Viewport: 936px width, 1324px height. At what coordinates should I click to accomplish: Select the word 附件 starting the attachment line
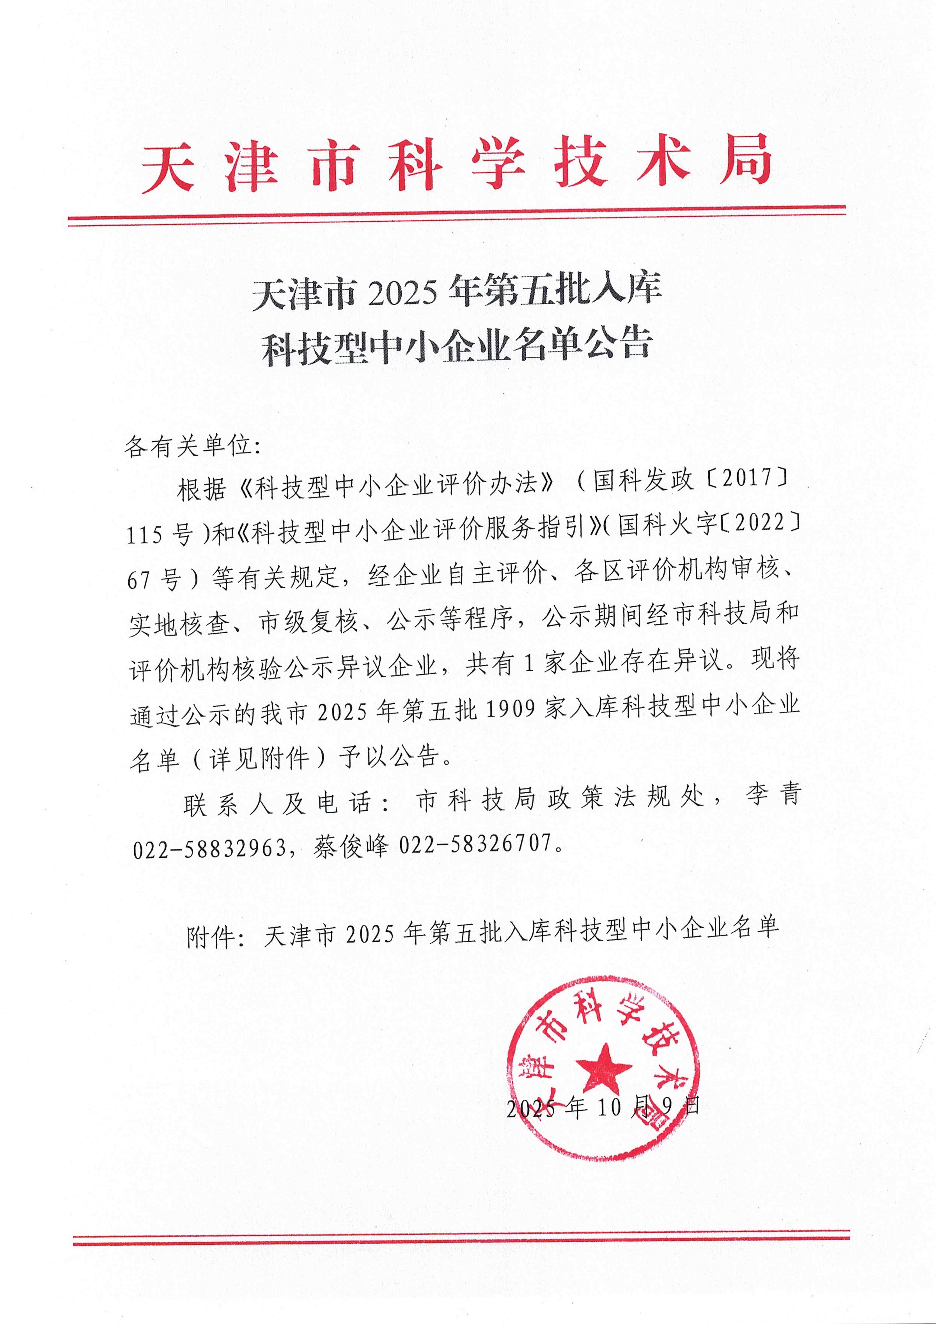(x=210, y=938)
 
